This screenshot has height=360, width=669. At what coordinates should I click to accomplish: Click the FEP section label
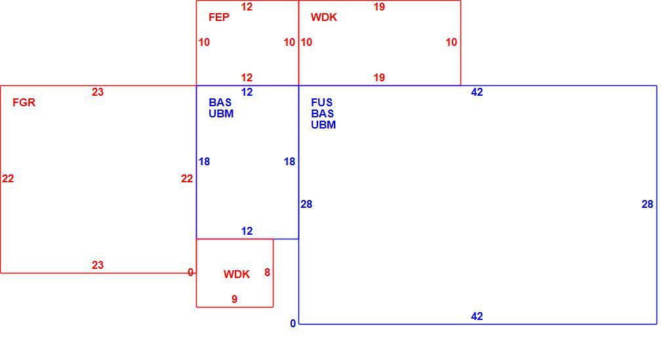(x=219, y=17)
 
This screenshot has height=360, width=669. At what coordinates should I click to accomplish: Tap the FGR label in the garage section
(x=24, y=102)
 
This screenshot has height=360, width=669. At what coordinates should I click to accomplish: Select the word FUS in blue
(x=321, y=102)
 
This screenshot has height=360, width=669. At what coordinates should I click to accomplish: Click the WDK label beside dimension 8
(x=236, y=274)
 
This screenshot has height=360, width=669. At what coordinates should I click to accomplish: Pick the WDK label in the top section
(x=324, y=17)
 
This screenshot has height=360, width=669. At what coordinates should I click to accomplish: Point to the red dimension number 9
(x=234, y=300)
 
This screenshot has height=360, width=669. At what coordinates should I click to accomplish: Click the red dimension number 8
(x=267, y=273)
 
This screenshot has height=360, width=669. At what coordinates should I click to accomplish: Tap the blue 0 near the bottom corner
(x=293, y=324)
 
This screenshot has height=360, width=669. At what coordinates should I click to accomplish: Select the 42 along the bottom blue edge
(x=477, y=317)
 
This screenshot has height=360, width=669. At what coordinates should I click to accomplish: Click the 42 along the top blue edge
(x=477, y=92)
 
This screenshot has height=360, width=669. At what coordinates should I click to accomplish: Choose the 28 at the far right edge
(x=647, y=205)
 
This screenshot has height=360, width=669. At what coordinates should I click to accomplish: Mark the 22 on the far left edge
(x=8, y=179)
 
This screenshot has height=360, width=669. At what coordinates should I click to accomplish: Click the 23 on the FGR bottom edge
(x=98, y=266)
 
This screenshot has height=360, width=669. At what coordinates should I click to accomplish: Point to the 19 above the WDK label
(x=379, y=7)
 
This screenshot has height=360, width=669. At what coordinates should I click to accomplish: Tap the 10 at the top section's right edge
(x=451, y=42)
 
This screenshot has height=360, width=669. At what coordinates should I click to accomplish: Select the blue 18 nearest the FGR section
(x=204, y=162)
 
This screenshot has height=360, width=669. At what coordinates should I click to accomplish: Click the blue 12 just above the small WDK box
(x=247, y=231)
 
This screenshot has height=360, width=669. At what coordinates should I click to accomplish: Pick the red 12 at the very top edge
(x=247, y=7)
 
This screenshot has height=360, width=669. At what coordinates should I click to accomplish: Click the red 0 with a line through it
(x=190, y=273)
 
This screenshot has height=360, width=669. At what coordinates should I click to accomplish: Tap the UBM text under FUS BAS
(x=323, y=125)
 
